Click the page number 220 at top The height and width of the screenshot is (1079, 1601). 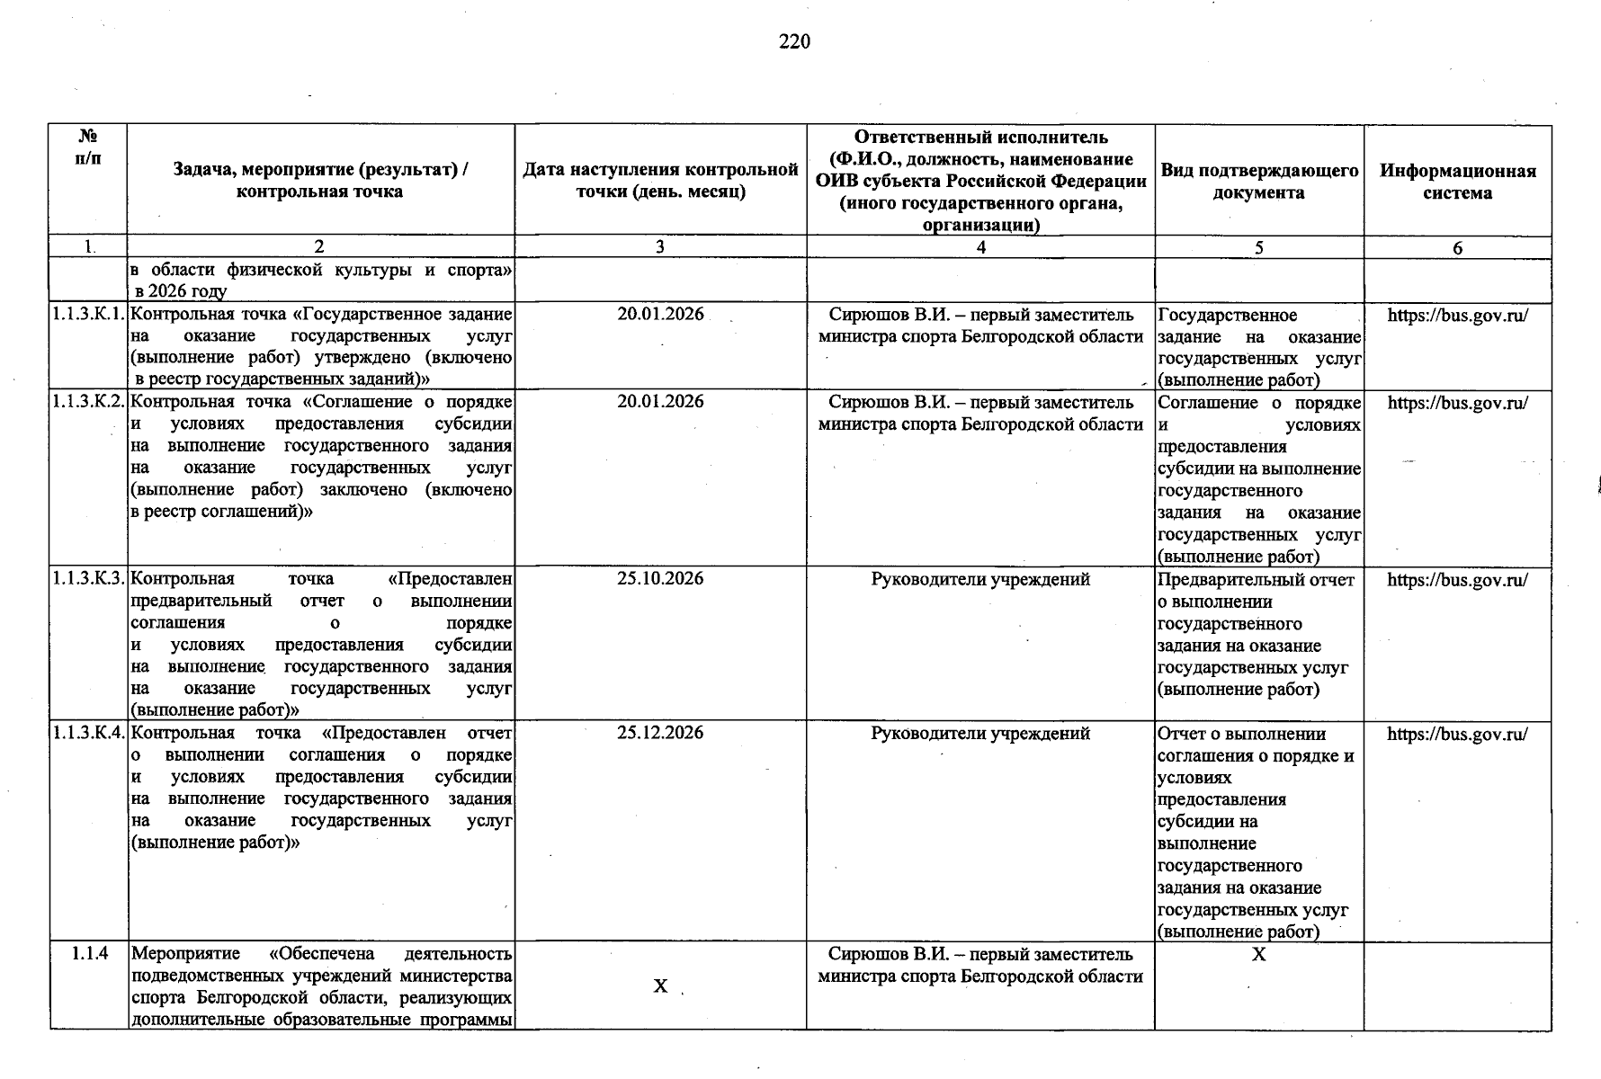(x=794, y=42)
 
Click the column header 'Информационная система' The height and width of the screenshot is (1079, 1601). (x=1457, y=182)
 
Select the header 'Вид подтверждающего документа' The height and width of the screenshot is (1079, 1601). (x=1258, y=182)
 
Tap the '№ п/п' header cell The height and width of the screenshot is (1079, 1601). (x=87, y=147)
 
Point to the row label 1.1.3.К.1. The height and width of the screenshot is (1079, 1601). (x=87, y=315)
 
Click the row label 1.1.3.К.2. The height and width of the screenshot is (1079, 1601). (x=87, y=402)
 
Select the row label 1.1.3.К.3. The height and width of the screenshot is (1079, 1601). (x=87, y=579)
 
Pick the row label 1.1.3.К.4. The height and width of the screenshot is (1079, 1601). (x=87, y=734)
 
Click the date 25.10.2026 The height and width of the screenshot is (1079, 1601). (x=660, y=579)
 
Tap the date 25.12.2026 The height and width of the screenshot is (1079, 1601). (x=660, y=734)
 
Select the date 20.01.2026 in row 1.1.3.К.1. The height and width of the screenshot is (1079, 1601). (x=660, y=315)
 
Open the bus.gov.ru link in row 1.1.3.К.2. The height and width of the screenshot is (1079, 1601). (x=1457, y=403)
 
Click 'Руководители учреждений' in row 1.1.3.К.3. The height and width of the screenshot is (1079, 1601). (x=980, y=580)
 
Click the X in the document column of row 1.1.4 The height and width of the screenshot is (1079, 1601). (x=1258, y=955)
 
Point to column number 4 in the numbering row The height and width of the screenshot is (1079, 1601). (x=980, y=247)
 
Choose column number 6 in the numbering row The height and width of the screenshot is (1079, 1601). (x=1457, y=248)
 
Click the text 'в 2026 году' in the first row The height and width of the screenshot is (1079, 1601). (x=181, y=291)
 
